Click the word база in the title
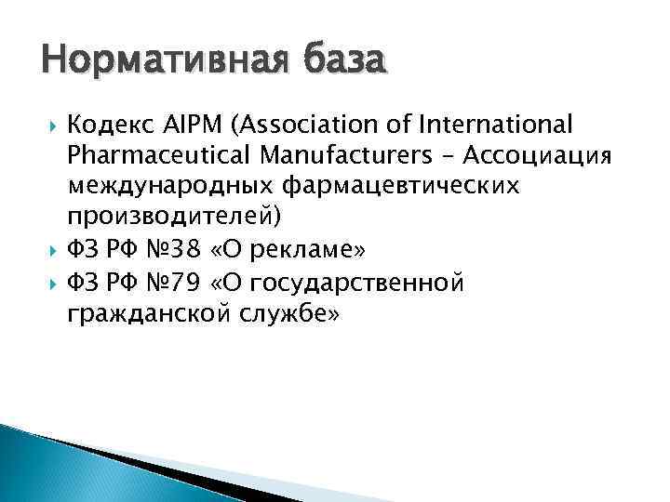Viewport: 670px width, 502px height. tap(342, 62)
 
